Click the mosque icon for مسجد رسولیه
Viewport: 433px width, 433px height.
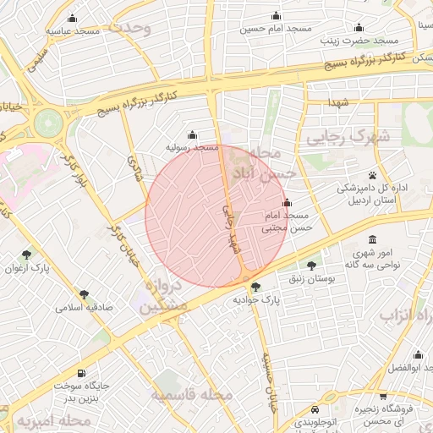tap(193, 134)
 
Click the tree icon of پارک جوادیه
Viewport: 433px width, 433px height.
tap(256, 288)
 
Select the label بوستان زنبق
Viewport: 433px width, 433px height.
tap(304, 278)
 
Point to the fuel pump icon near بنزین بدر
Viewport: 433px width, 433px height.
tap(81, 373)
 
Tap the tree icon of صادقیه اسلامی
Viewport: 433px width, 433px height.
tap(84, 294)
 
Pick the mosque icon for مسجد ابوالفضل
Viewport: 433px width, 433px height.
tap(416, 354)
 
